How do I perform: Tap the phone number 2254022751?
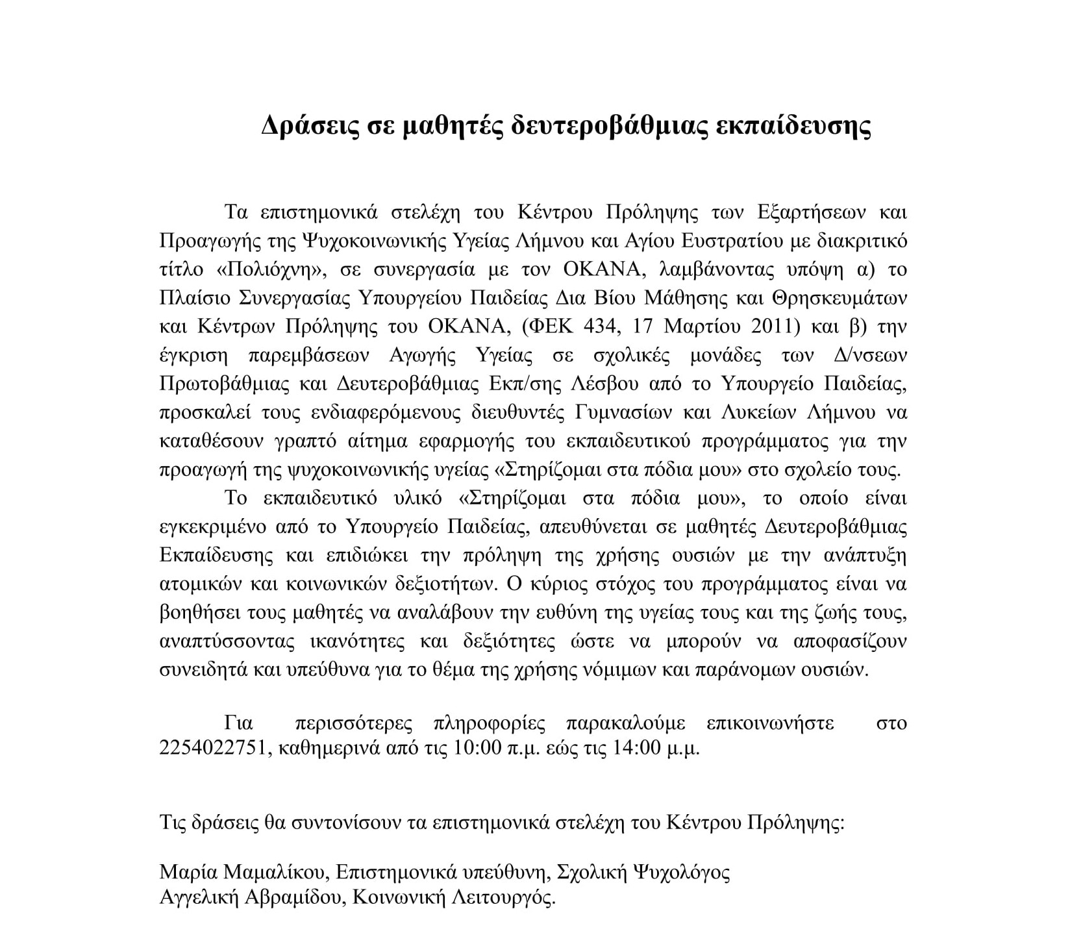[x=214, y=748]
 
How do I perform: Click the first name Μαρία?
[x=182, y=872]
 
